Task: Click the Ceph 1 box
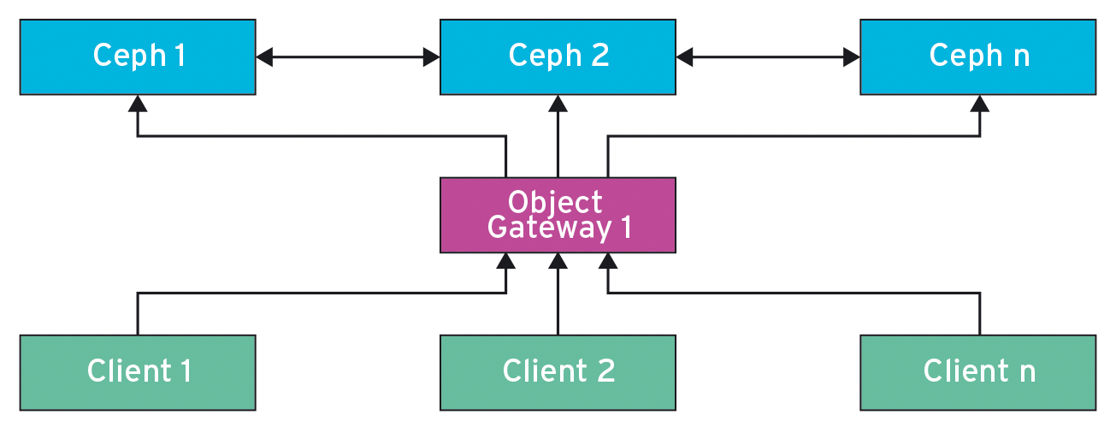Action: coord(137,57)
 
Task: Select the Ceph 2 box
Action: coord(558,57)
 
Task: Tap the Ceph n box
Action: coord(977,57)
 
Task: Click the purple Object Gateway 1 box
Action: coord(558,215)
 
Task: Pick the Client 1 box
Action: coord(137,372)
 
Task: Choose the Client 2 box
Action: coord(558,372)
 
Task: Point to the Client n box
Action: coord(977,372)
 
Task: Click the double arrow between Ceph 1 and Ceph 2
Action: coord(347,57)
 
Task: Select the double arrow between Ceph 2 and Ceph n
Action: coord(767,57)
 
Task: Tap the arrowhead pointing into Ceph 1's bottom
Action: coord(138,104)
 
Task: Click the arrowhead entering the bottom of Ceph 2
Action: coord(558,104)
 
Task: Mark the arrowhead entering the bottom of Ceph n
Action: coord(980,104)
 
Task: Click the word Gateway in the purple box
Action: coord(538,228)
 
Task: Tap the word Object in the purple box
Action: coord(555,202)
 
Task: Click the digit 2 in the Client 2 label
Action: coord(604,371)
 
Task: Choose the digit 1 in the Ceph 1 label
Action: coord(180,56)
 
